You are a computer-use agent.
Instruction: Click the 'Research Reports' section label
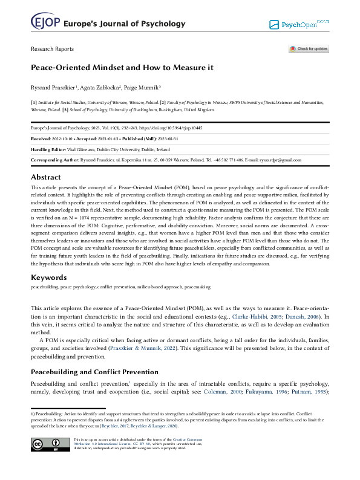[52, 49]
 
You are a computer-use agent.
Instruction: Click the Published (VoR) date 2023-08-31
[185, 138]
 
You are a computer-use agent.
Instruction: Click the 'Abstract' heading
[46, 177]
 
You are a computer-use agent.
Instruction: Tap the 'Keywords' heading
[48, 277]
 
